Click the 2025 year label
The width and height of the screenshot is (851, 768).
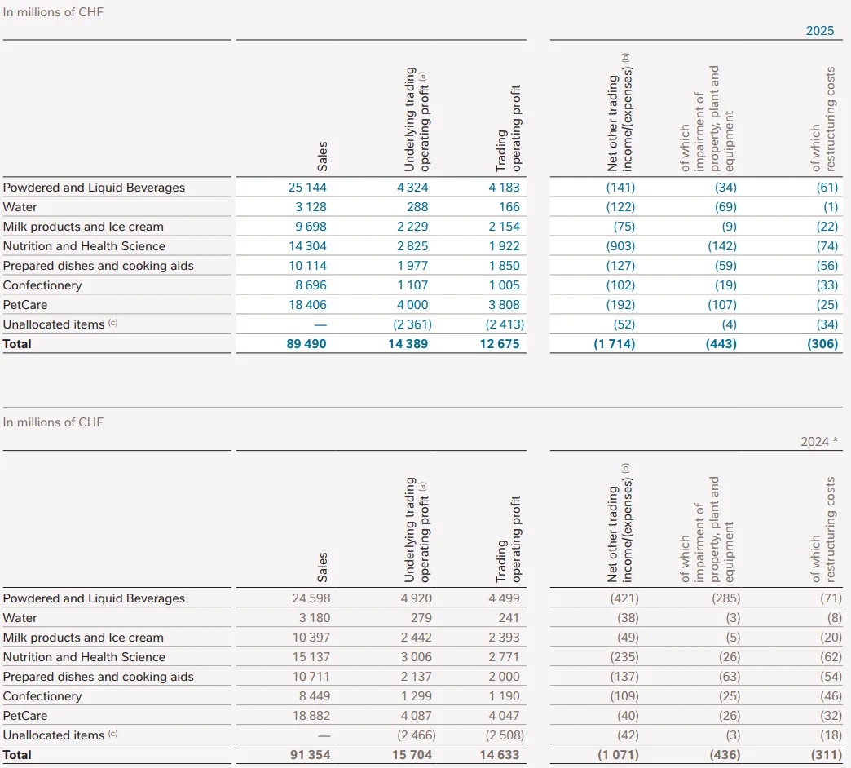point(820,31)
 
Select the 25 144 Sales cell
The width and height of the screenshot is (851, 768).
point(307,188)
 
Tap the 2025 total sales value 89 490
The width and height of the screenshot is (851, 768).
point(307,344)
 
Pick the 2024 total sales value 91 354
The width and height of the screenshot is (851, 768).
point(310,755)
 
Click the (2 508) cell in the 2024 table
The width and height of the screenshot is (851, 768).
point(500,735)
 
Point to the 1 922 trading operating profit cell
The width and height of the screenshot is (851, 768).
point(503,246)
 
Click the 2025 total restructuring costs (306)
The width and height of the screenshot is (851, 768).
point(822,344)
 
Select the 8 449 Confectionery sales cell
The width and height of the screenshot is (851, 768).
point(313,696)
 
